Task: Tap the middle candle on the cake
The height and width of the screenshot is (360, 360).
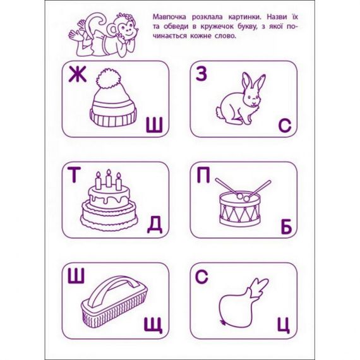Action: (108, 179)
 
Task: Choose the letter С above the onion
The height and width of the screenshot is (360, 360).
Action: (202, 276)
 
